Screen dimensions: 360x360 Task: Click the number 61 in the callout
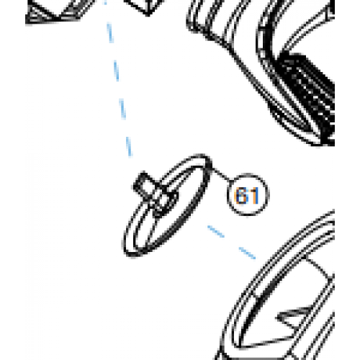[246, 195]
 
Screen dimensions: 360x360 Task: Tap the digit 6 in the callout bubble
[242, 195]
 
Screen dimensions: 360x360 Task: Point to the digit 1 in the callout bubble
[252, 195]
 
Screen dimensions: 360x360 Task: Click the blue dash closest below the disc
[215, 231]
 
